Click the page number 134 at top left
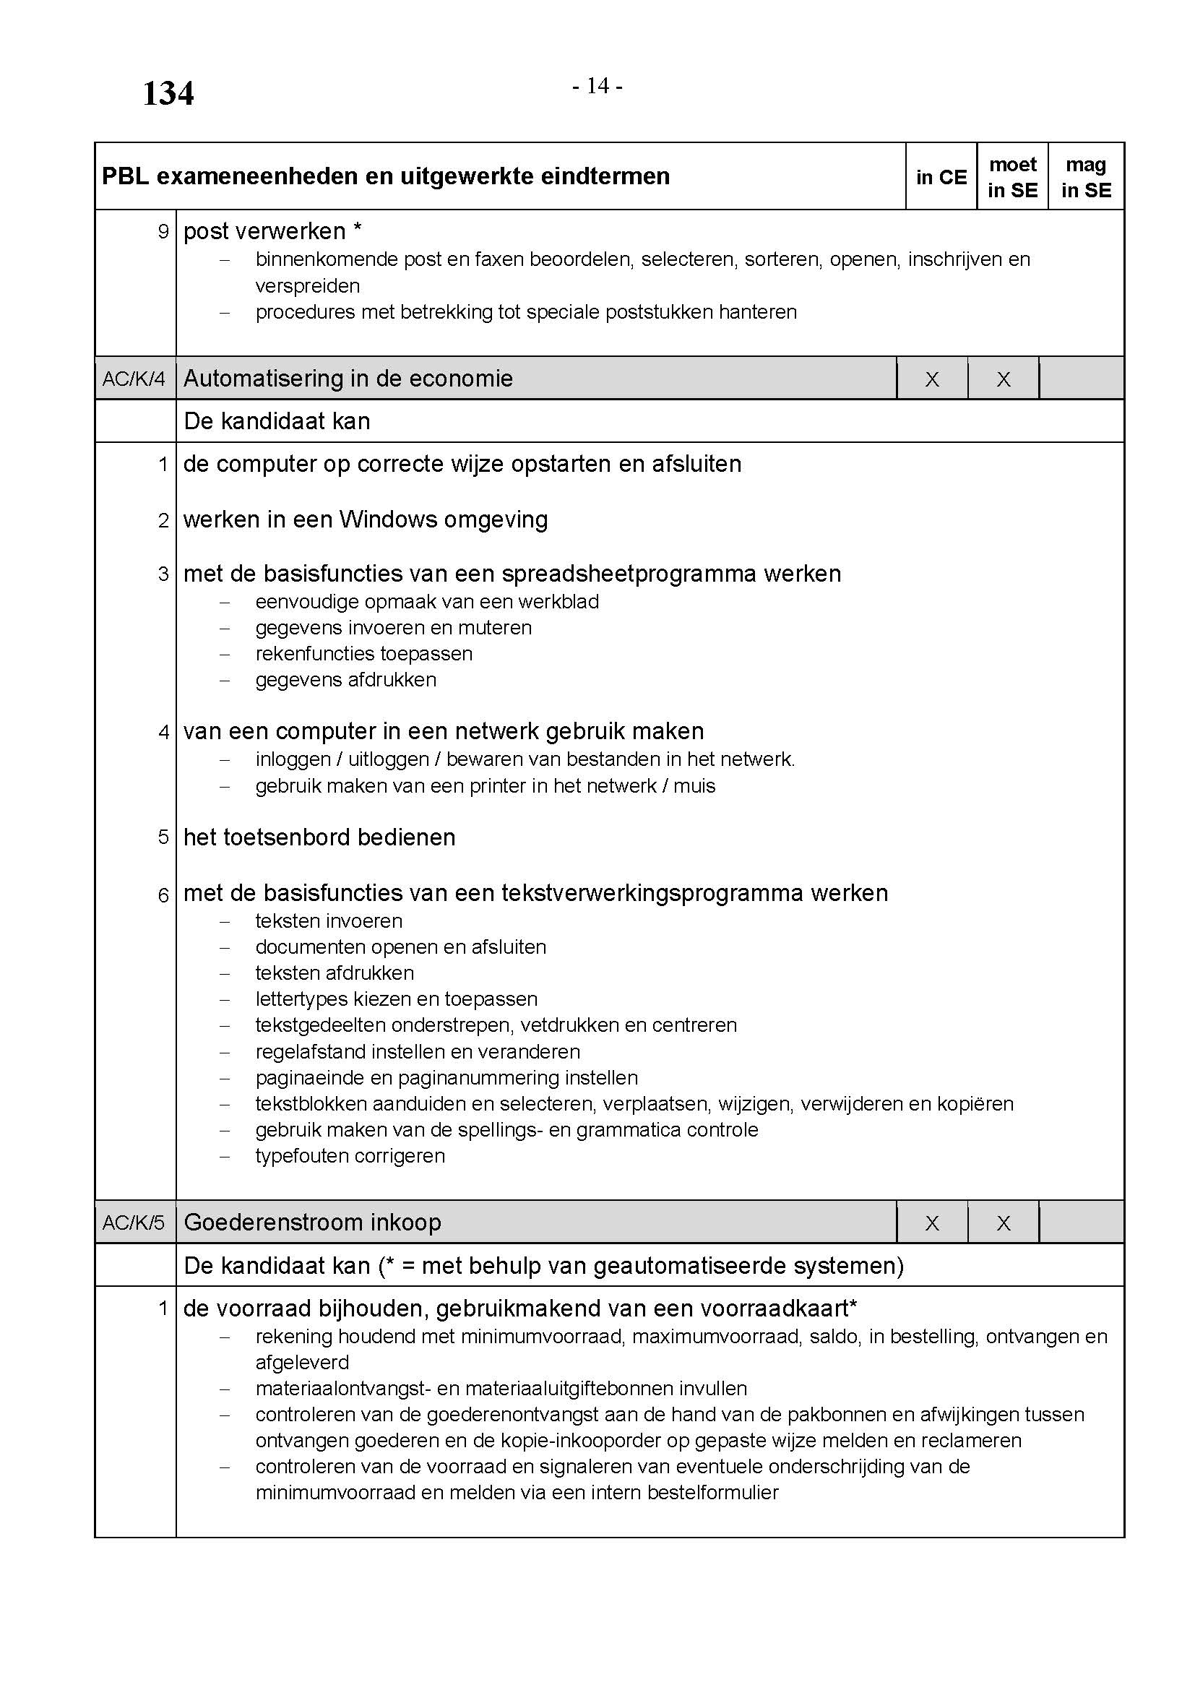[168, 93]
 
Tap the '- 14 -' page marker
[597, 86]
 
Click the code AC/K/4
[134, 379]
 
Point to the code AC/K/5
[134, 1223]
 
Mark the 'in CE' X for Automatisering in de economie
[931, 379]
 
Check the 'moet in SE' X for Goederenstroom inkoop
[1003, 1223]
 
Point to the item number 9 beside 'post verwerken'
[163, 232]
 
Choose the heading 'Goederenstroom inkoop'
[312, 1222]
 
